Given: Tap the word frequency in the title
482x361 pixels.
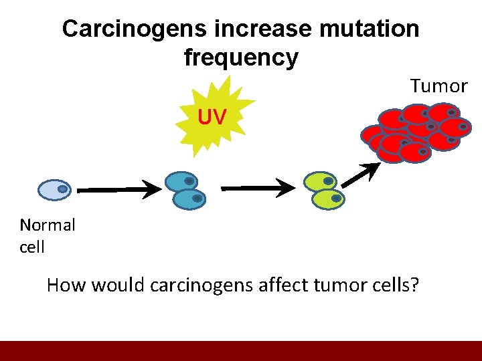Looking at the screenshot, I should coord(241,57).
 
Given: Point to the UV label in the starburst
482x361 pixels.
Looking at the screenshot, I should coord(212,118).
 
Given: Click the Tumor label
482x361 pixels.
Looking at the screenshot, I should coord(438,86).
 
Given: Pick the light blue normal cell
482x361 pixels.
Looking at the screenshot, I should coord(54,190).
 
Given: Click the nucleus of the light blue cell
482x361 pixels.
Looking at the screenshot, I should coord(62,189).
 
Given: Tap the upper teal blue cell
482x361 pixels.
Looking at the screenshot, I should coord(181,181).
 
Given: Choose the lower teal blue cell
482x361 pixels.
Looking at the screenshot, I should coord(189,199).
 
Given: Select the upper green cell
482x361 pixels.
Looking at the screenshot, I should coord(320,181).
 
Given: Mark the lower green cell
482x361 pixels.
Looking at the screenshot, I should coord(327,199).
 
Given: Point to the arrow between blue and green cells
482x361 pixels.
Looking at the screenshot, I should coord(258,189).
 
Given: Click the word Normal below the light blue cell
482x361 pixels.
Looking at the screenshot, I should coord(48,225).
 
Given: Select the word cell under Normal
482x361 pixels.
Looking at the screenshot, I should coord(32,247).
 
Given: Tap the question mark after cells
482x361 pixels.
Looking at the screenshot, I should coord(415,286).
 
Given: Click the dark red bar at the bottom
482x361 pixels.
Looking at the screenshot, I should coord(241,351).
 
